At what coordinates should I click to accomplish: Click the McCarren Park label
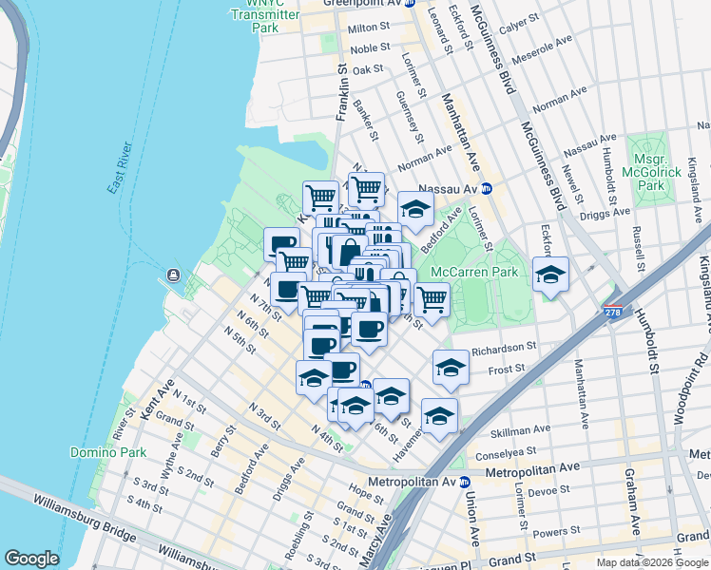pyautogui.click(x=473, y=272)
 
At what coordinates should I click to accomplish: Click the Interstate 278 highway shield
pyautogui.click(x=613, y=311)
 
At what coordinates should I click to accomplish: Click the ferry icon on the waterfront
pyautogui.click(x=173, y=275)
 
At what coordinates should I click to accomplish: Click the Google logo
pyautogui.click(x=31, y=559)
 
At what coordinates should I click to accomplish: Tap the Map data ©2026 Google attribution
pyautogui.click(x=652, y=562)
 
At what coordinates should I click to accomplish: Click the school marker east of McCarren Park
pyautogui.click(x=550, y=275)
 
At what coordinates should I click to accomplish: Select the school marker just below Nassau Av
pyautogui.click(x=415, y=209)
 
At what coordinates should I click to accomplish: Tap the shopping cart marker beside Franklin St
pyautogui.click(x=320, y=197)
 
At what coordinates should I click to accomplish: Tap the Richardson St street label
pyautogui.click(x=506, y=348)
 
